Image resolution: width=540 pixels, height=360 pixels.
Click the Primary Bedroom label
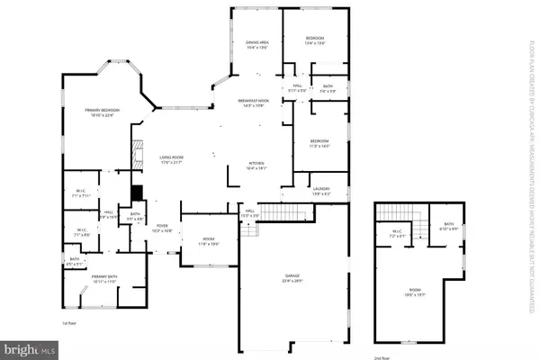103,112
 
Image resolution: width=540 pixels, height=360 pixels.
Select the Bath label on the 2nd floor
446,227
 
